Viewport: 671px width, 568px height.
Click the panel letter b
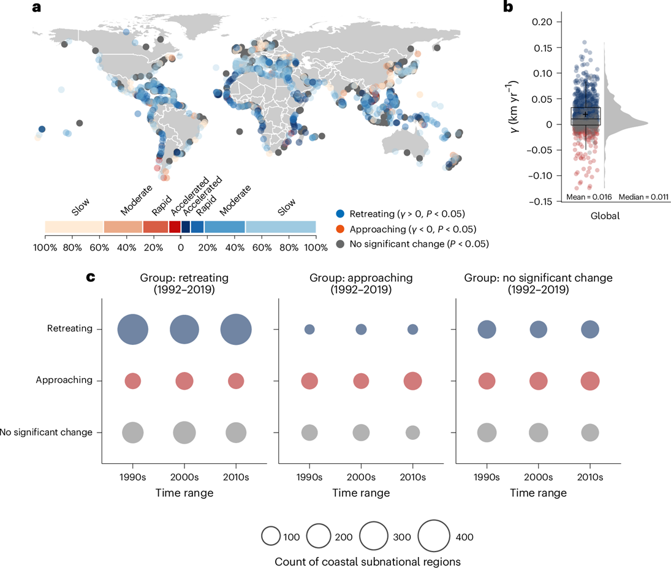pos(508,7)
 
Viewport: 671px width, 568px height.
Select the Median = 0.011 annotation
pos(643,197)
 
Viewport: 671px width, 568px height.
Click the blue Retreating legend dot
pos(341,214)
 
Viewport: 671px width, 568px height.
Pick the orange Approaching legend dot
pos(341,229)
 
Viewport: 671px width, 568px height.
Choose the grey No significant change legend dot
pos(341,243)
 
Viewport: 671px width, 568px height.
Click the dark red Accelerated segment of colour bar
pos(175,227)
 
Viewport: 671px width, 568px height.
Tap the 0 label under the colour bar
pos(181,248)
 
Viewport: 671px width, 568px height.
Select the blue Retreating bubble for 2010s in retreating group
pos(236,329)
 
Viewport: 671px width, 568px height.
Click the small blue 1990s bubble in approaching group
pos(309,330)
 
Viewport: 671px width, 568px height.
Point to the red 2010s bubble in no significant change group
pos(590,381)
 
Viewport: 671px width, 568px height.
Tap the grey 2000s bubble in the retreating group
pos(184,433)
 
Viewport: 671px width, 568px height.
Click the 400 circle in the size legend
pos(436,537)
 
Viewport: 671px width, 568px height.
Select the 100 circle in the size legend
pos(271,537)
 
